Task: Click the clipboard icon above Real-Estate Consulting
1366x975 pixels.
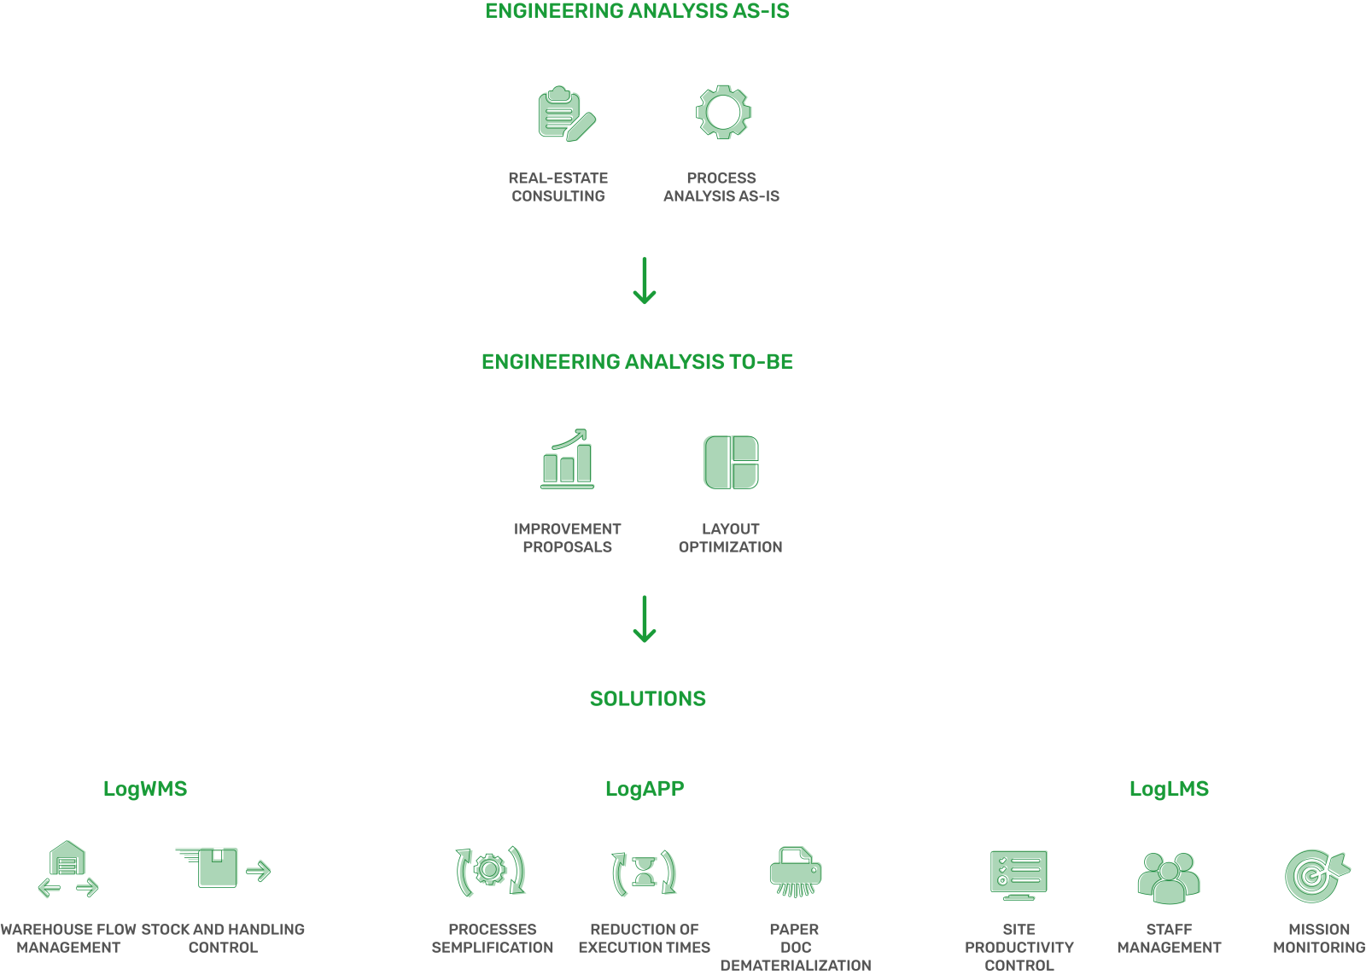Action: point(567,114)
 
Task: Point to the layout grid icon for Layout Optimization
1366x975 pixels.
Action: point(731,462)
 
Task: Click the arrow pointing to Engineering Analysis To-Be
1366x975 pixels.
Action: point(645,281)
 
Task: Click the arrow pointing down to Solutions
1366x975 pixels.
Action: point(645,619)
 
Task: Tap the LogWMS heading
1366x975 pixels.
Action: point(145,789)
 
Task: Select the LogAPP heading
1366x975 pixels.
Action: point(645,789)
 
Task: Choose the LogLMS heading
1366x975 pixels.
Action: point(1169,789)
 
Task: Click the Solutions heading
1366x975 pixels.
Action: point(648,698)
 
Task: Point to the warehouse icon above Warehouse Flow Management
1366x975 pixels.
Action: point(67,869)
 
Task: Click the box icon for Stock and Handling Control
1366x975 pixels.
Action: point(223,867)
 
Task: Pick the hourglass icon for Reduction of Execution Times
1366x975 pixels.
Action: point(645,872)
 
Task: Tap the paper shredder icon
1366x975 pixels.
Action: point(796,872)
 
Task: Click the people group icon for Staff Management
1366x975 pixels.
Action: point(1169,878)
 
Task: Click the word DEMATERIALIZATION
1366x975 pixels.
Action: point(796,966)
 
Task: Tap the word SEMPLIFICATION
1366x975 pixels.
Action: point(492,948)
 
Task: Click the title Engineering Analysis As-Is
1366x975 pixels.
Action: point(637,11)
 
